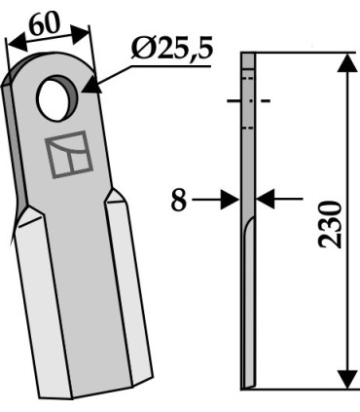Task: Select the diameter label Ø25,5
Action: pyautogui.click(x=172, y=49)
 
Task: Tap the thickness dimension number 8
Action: pyautogui.click(x=179, y=201)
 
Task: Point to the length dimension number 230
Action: pyautogui.click(x=331, y=225)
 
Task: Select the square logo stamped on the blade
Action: pyautogui.click(x=69, y=154)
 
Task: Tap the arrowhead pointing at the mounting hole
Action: pyautogui.click(x=90, y=86)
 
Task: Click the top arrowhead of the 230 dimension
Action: pyautogui.click(x=347, y=62)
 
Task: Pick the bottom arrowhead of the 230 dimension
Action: pyautogui.click(x=347, y=379)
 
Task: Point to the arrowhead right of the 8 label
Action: pyautogui.click(x=230, y=200)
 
